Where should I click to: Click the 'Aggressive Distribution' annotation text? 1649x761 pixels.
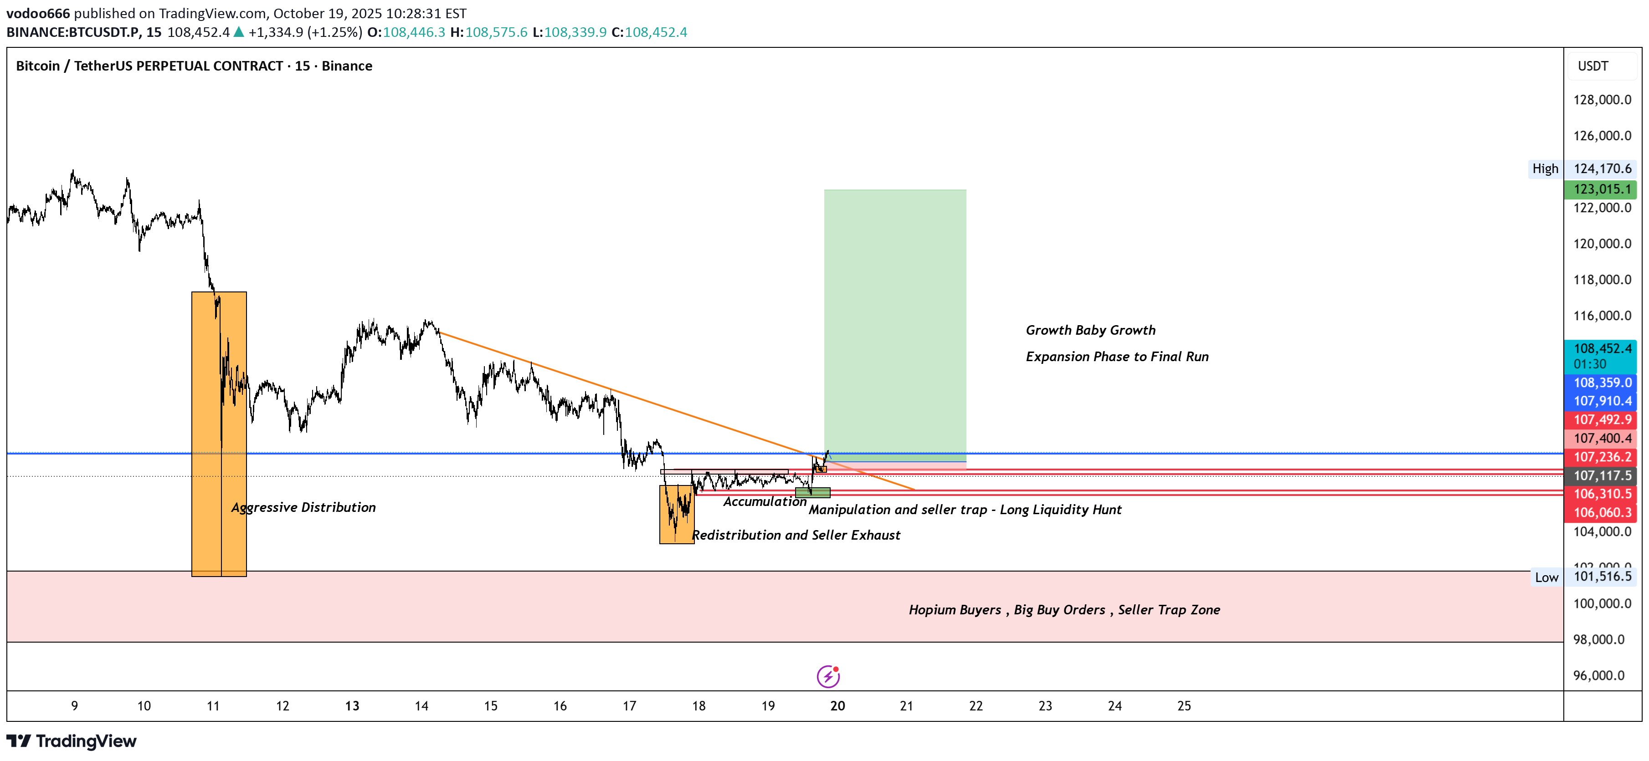[x=303, y=507]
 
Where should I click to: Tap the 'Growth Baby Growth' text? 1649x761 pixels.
[x=1090, y=330]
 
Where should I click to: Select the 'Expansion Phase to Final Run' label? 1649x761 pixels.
[x=1117, y=357]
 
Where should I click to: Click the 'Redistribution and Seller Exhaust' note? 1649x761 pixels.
[x=796, y=535]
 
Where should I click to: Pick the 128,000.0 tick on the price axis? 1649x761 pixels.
[x=1602, y=100]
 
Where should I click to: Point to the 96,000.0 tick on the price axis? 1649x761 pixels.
[x=1598, y=675]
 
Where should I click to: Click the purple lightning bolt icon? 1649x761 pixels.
[x=828, y=676]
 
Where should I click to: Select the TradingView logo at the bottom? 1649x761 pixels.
[x=72, y=741]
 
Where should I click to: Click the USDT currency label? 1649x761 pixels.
[x=1592, y=66]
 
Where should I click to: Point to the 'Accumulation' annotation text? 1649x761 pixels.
[x=764, y=502]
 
